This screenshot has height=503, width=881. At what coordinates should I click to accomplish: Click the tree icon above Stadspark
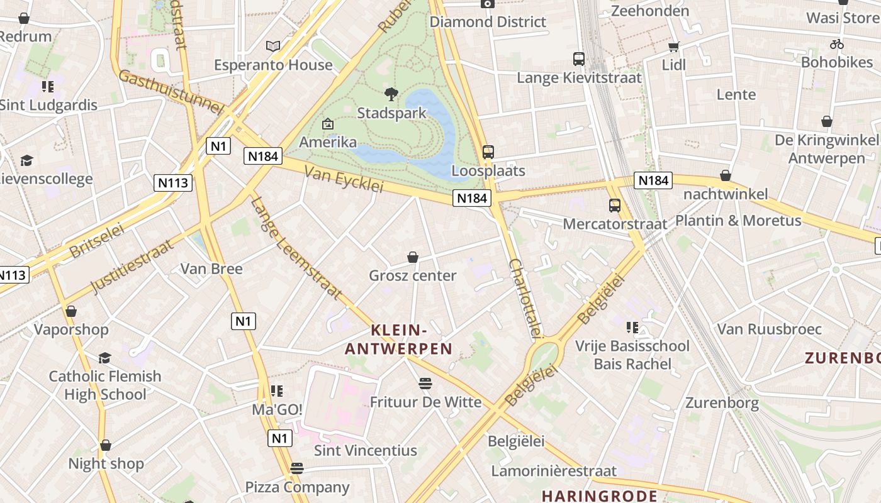pos(391,94)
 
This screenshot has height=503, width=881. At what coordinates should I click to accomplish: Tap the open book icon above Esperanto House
pos(272,46)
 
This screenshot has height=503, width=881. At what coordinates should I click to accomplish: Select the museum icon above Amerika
pos(327,124)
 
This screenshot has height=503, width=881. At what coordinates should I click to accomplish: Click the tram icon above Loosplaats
pos(488,152)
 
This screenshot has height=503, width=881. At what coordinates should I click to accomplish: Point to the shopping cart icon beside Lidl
pos(674,47)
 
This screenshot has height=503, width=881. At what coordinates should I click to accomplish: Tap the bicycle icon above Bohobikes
pos(836,44)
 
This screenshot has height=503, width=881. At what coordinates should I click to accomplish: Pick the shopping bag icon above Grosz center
pos(413,257)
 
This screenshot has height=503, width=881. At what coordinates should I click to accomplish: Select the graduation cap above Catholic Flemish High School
pos(104,358)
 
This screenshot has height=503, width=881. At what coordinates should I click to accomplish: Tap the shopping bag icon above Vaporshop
pos(71,311)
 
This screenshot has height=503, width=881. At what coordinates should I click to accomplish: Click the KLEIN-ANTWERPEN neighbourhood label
pos(399,340)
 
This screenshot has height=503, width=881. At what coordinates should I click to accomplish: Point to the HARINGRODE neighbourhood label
pos(599,495)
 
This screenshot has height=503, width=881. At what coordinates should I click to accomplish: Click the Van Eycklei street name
pos(344,179)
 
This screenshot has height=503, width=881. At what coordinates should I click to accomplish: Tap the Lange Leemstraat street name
pos(295,248)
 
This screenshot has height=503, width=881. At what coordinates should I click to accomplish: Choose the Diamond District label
pos(488,22)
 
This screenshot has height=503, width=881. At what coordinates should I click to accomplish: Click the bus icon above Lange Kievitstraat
pos(579,59)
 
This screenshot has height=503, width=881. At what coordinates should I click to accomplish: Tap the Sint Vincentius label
pos(366,450)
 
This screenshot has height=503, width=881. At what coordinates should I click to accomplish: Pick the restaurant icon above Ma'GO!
pos(277,391)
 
